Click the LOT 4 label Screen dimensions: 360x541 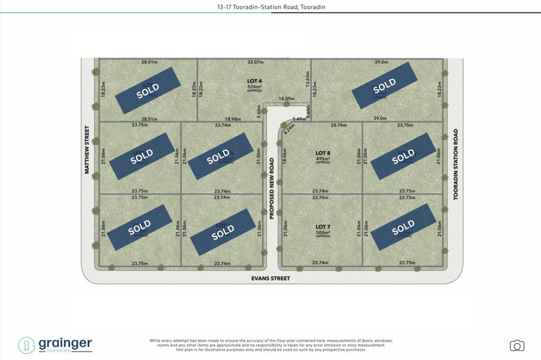[255, 81]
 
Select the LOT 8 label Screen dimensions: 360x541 [322, 153]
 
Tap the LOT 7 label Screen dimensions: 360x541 [322, 226]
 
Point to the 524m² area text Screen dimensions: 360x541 [255, 87]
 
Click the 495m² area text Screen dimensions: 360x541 [322, 158]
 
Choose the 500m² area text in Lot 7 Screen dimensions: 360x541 [322, 232]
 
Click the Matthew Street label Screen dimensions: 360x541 [86, 149]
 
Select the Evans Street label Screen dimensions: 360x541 [271, 278]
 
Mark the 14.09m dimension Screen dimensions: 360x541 [286, 99]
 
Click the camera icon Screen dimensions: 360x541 [517, 346]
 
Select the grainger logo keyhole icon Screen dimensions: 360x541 [26, 345]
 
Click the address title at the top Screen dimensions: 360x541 [270, 6]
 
